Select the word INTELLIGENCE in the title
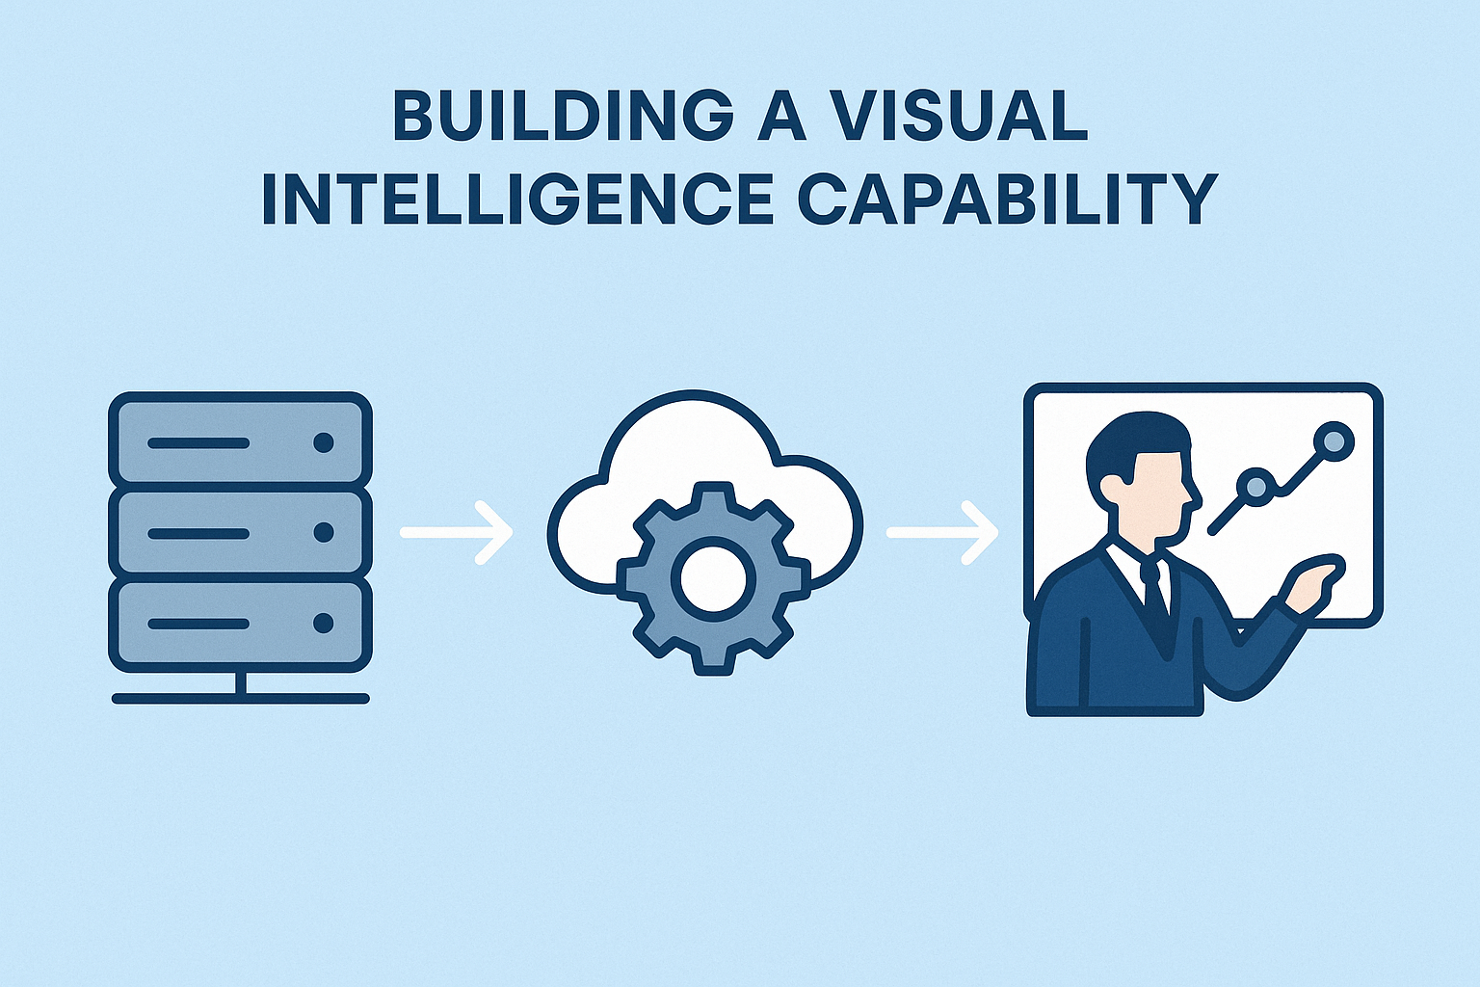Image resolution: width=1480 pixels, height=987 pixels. click(516, 200)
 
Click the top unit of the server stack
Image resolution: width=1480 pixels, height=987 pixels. click(240, 442)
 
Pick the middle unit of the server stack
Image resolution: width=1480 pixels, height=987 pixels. click(240, 532)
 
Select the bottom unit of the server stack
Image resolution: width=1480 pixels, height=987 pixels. click(240, 624)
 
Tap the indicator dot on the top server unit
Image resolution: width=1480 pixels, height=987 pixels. click(324, 442)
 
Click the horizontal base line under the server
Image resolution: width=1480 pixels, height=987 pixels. click(240, 698)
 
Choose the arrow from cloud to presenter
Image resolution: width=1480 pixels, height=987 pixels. click(942, 532)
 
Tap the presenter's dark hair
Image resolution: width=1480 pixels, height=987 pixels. click(1132, 439)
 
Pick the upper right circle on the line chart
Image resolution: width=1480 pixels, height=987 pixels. click(1334, 441)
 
